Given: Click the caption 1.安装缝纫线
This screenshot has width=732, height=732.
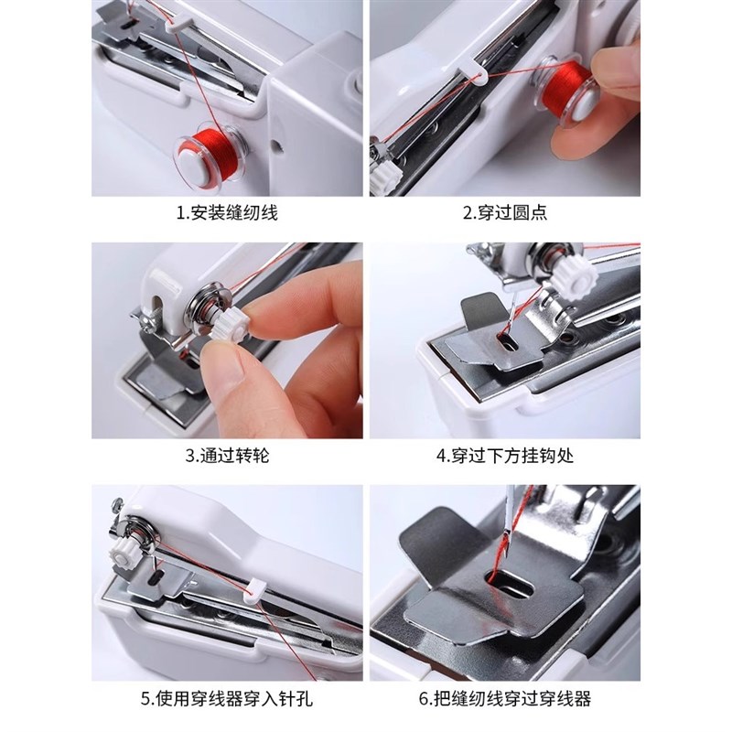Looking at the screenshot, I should point(226,214).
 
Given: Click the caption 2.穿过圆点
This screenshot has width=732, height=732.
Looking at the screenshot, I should point(505,214).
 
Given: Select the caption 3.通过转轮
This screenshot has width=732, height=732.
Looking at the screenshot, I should point(226,455).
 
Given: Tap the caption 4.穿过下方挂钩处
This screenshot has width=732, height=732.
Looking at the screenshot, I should point(505,455).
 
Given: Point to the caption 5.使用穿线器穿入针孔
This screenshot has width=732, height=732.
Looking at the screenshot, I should point(226,700).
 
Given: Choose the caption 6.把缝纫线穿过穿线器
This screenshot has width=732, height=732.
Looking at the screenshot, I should point(505,700).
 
